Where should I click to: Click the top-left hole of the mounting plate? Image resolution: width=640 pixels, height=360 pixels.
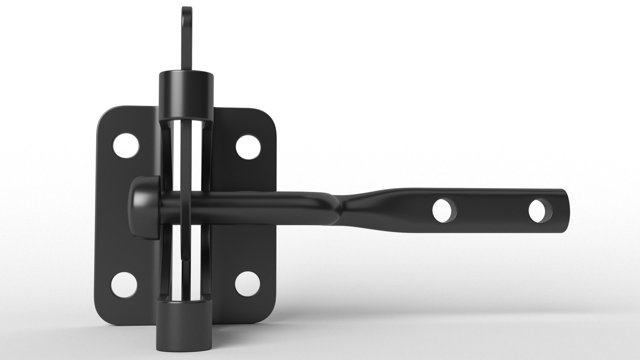[126, 146]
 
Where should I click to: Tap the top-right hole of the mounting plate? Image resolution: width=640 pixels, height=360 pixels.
[248, 146]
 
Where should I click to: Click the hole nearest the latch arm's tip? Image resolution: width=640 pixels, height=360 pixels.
[540, 211]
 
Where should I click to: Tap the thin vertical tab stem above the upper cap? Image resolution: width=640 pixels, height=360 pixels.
[187, 50]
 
